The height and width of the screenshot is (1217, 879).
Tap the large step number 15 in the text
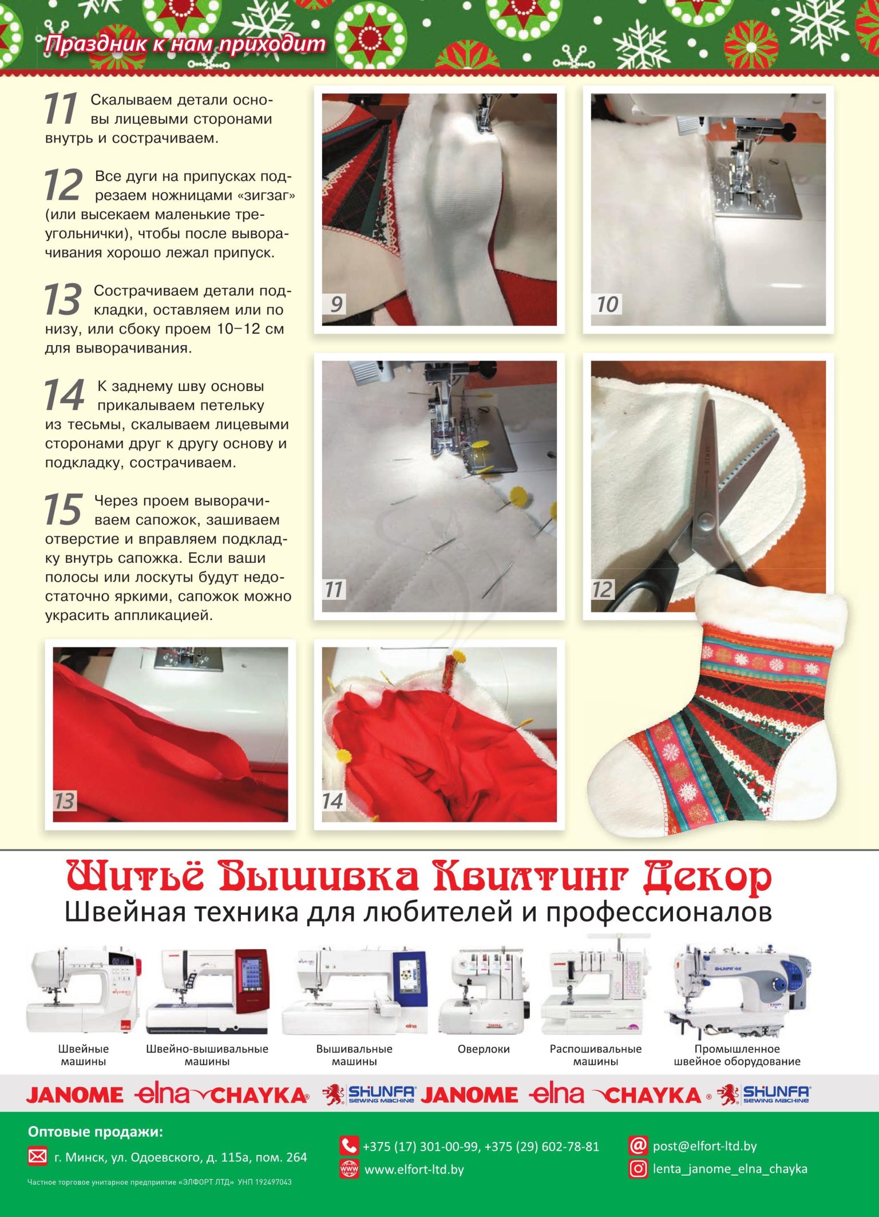coord(63,509)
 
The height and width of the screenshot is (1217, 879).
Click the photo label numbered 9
coord(335,304)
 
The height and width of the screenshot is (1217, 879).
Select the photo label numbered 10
coord(607,304)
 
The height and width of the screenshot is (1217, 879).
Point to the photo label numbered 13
coord(64,801)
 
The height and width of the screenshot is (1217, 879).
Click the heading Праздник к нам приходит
coord(185,44)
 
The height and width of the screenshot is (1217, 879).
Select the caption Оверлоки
coord(484,1049)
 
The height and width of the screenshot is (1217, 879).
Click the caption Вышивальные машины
coord(354,1054)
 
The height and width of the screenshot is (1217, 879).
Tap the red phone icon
coord(349,1145)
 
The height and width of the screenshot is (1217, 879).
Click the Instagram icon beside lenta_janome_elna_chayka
coord(638,1168)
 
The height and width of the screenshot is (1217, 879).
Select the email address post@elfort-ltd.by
coord(704,1146)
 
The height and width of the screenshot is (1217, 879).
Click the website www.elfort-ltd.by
coord(414,1169)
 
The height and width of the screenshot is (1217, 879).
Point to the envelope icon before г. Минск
coord(37,1157)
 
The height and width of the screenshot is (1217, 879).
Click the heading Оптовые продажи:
coord(96,1132)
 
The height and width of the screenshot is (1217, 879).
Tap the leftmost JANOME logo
coord(74,1095)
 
